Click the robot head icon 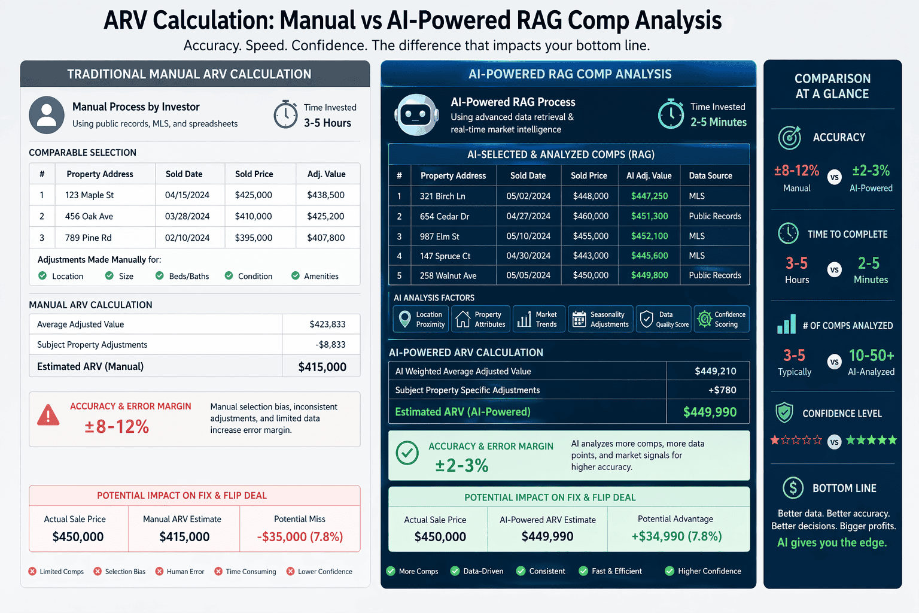(x=416, y=114)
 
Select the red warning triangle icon (x=48, y=415)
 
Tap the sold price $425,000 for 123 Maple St (x=254, y=195)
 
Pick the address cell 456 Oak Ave (x=89, y=216)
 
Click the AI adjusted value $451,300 (x=649, y=216)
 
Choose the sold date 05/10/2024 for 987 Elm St (x=528, y=236)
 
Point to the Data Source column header (x=710, y=175)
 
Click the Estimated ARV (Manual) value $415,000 (x=322, y=367)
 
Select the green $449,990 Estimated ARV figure (x=710, y=412)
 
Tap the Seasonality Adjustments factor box (x=600, y=319)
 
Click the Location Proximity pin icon (x=405, y=318)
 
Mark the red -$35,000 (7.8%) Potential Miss (x=300, y=537)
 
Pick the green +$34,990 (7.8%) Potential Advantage (x=677, y=536)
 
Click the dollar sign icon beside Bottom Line (x=793, y=488)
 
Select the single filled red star (x=775, y=441)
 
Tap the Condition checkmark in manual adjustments (x=229, y=276)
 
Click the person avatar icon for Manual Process (x=47, y=114)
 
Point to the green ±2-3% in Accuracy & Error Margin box (x=462, y=465)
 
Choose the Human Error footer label (x=185, y=572)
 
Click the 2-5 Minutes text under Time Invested (x=719, y=122)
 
